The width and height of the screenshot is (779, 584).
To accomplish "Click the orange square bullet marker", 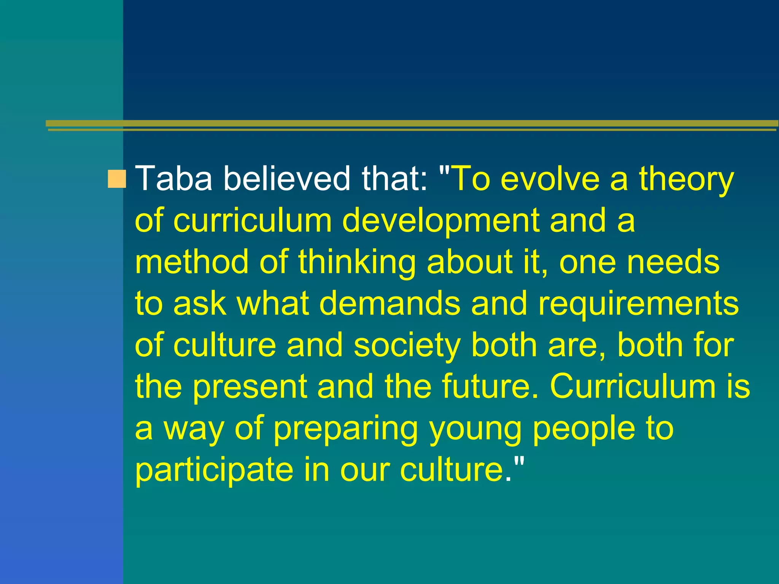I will point(117,179).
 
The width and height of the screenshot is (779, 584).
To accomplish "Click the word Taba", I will point(173,178).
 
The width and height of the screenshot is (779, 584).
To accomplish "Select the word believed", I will point(286,178).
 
